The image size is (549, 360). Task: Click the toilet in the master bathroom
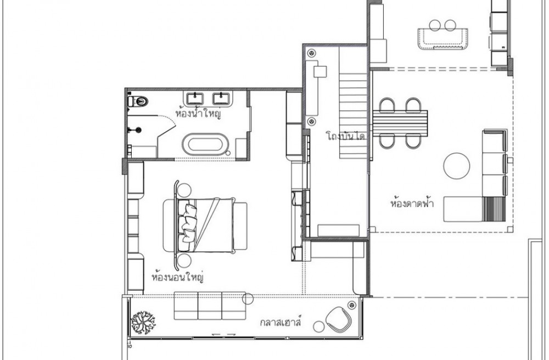[x=138, y=102]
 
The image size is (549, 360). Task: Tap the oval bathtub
[x=205, y=144]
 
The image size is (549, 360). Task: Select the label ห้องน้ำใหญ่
[x=198, y=114]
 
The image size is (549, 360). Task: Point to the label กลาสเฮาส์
[x=281, y=321]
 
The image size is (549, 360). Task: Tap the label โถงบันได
[x=345, y=136]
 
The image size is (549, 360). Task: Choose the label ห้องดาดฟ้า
[x=412, y=203]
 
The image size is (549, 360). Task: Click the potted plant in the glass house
[x=143, y=323]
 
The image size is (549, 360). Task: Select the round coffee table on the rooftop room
[x=457, y=166]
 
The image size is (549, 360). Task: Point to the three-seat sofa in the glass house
[x=210, y=306]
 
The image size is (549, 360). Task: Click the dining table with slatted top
[x=400, y=124]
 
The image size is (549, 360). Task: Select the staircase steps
[x=353, y=115]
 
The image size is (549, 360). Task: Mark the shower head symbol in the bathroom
[x=138, y=130]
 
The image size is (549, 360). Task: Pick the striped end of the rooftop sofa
[x=495, y=209]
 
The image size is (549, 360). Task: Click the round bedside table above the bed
[x=184, y=190]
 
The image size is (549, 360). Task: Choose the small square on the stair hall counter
[x=320, y=72]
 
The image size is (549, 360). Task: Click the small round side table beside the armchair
[x=318, y=327]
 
